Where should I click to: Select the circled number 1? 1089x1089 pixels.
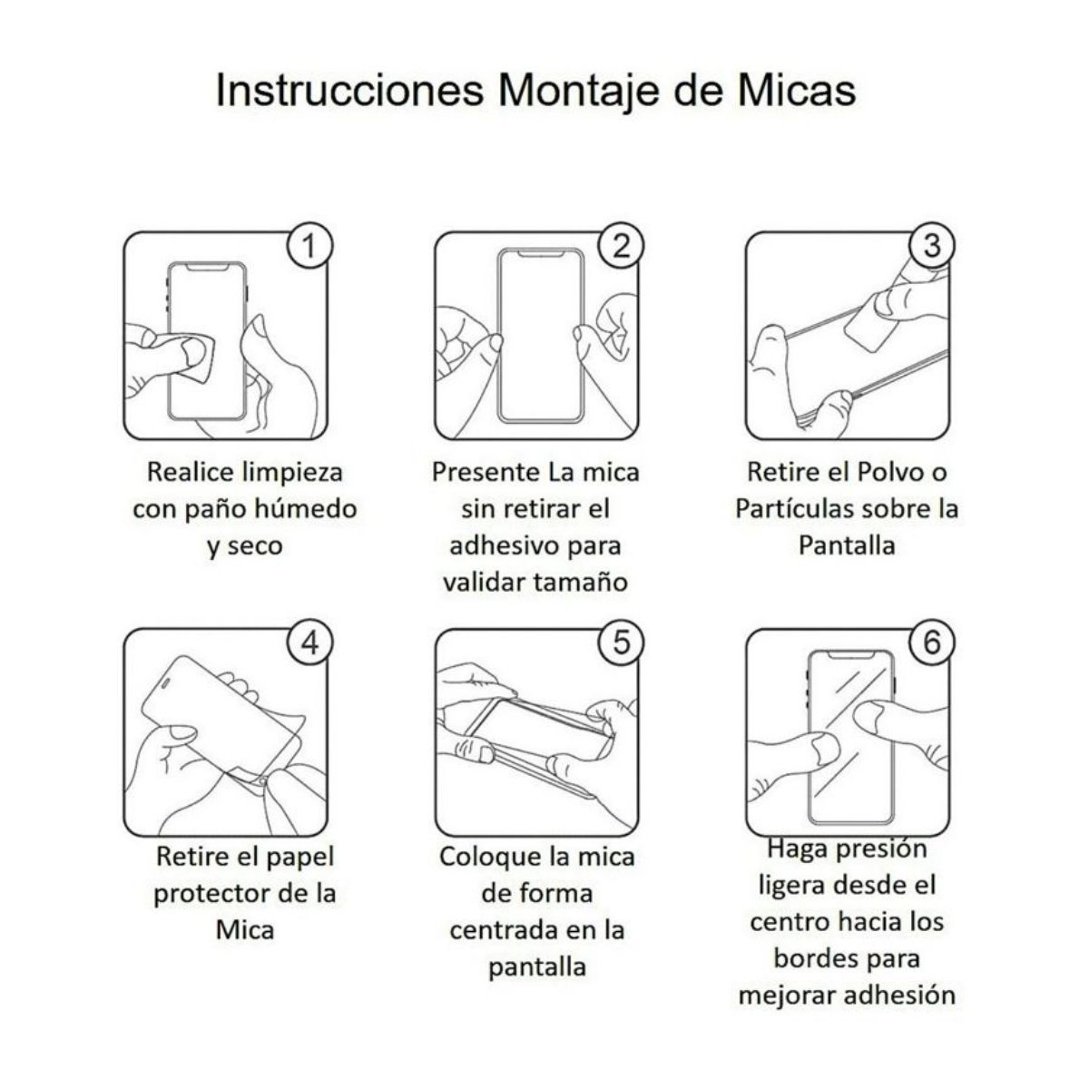[310, 246]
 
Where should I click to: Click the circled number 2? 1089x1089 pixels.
[622, 246]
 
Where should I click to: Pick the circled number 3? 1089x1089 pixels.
[932, 246]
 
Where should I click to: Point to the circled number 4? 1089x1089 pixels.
[310, 643]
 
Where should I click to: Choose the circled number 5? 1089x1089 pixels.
[622, 643]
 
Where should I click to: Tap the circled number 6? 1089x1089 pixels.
[932, 643]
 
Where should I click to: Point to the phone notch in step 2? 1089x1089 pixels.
[541, 256]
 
